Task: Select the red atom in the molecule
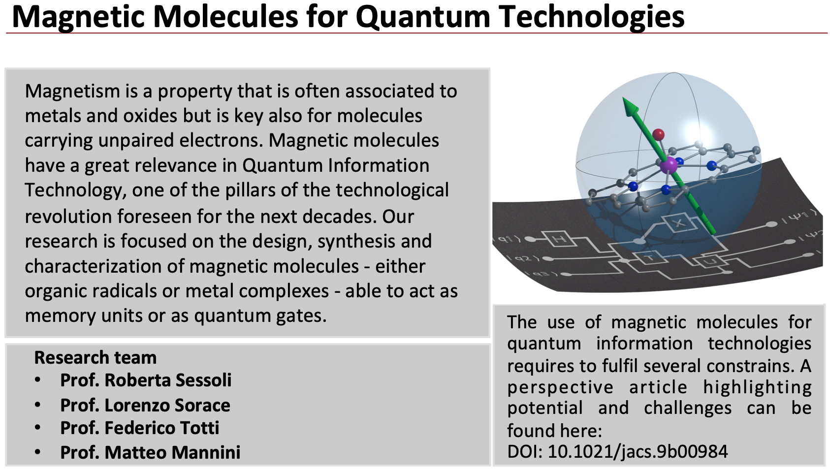pyautogui.click(x=659, y=134)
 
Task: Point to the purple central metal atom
pyautogui.click(x=669, y=165)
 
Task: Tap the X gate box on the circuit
pyautogui.click(x=679, y=223)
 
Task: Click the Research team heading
pyautogui.click(x=95, y=358)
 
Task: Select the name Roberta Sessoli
pyautogui.click(x=168, y=380)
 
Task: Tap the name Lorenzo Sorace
pyautogui.click(x=167, y=406)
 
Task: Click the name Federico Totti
pyautogui.click(x=162, y=428)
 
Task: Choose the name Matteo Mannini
pyautogui.click(x=172, y=452)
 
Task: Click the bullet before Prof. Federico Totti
pyautogui.click(x=37, y=428)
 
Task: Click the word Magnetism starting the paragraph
pyautogui.click(x=73, y=92)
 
